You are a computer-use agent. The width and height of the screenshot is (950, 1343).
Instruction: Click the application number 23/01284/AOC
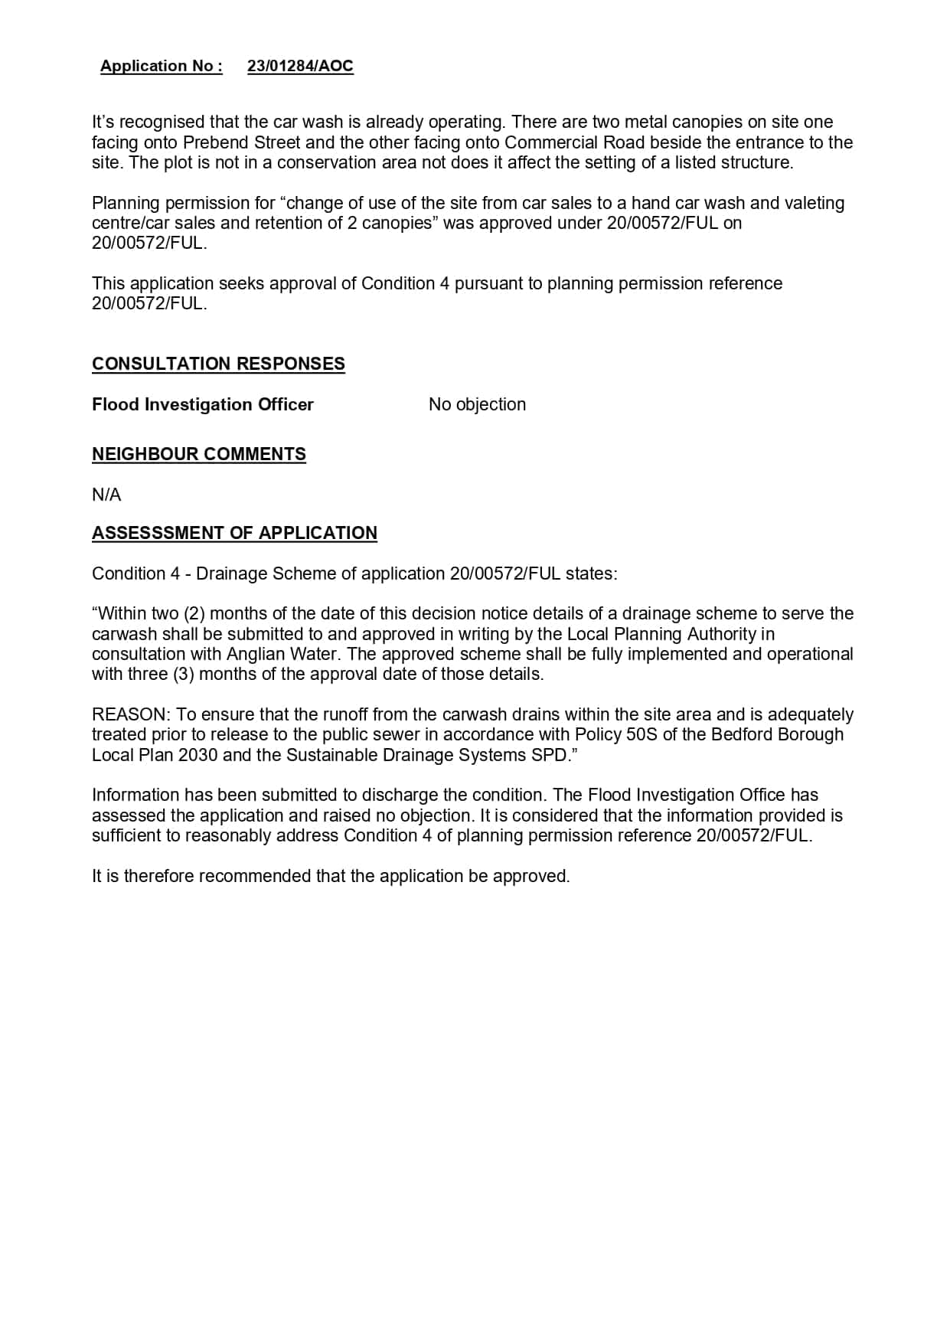pyautogui.click(x=300, y=66)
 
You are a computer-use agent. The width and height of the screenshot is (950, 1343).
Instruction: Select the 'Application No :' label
pyautogui.click(x=161, y=66)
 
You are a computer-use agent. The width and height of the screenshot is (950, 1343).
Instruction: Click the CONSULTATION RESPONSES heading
pyautogui.click(x=218, y=364)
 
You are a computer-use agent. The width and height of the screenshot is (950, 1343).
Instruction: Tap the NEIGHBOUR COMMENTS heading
pyautogui.click(x=198, y=454)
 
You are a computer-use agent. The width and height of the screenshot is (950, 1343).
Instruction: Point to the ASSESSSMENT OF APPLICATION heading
pyautogui.click(x=234, y=533)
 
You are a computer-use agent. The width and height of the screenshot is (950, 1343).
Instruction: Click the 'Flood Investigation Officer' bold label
pyautogui.click(x=202, y=404)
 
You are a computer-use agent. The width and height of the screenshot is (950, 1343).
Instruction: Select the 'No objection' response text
pyautogui.click(x=477, y=404)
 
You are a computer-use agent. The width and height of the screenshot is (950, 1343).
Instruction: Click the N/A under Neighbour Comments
pyautogui.click(x=106, y=495)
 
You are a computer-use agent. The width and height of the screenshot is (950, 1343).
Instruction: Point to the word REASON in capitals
pyautogui.click(x=129, y=714)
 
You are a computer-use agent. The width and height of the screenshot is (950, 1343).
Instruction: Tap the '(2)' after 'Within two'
pyautogui.click(x=194, y=613)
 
